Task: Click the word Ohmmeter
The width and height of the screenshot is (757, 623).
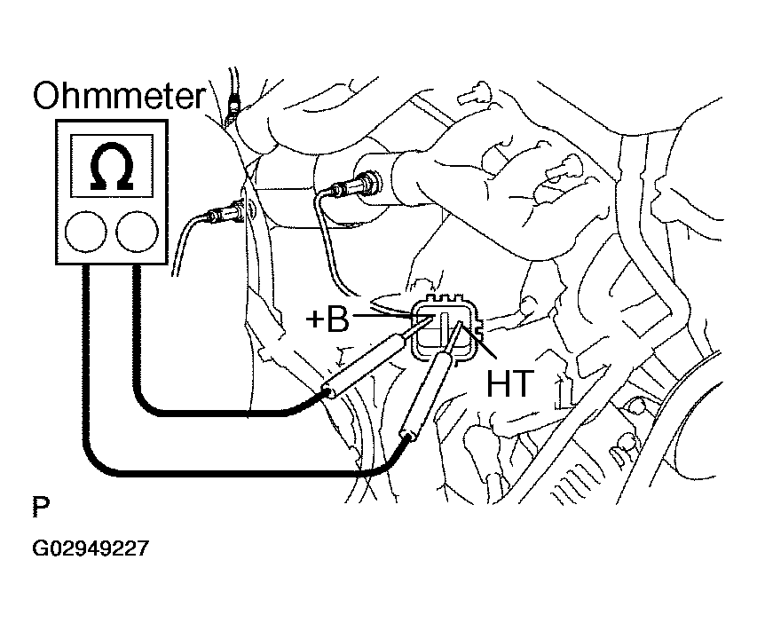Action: point(119,96)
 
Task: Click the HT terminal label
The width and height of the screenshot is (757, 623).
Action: point(509,382)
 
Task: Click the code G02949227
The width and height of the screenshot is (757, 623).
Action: point(90,549)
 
